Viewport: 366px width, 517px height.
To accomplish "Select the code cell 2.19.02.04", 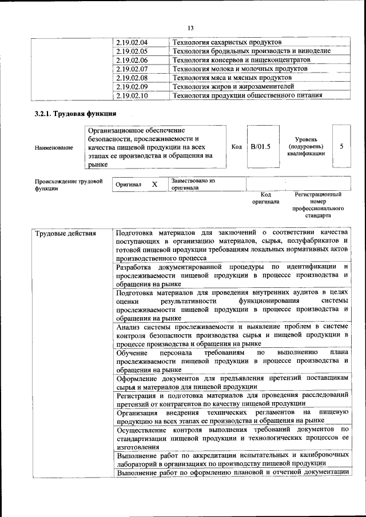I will click(x=132, y=42).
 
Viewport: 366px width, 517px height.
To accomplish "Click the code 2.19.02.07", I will click(x=132, y=69).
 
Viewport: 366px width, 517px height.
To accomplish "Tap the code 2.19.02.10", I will click(x=132, y=95).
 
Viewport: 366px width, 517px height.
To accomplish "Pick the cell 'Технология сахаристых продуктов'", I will click(x=227, y=42).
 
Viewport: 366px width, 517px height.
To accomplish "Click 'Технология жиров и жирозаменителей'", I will click(x=233, y=86).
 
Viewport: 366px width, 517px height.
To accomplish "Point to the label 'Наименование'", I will click(x=54, y=148).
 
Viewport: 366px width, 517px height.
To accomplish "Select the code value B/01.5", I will click(x=261, y=147).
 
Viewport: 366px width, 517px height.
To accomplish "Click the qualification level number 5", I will click(x=341, y=146).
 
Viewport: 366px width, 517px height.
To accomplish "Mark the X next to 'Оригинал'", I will click(x=154, y=185).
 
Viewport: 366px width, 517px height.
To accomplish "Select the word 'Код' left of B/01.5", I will click(x=236, y=147).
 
